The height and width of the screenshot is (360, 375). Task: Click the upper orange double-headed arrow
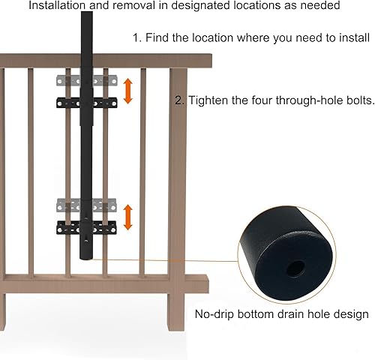pyautogui.click(x=128, y=91)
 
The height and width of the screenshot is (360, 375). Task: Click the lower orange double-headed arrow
pyautogui.click(x=128, y=217)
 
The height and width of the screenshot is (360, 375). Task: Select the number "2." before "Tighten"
pyautogui.click(x=179, y=100)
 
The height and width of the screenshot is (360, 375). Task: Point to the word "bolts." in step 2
pyautogui.click(x=358, y=100)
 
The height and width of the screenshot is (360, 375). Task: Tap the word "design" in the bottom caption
pyautogui.click(x=349, y=314)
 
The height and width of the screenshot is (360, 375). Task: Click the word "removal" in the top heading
pyautogui.click(x=133, y=6)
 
